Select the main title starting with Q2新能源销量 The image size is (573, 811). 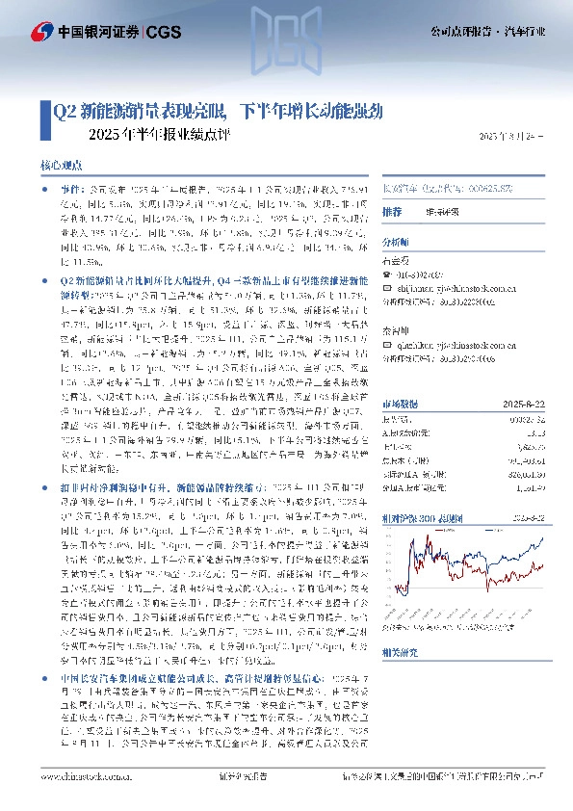point(218,111)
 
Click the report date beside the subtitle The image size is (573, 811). point(517,138)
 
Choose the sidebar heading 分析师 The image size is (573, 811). point(396,243)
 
